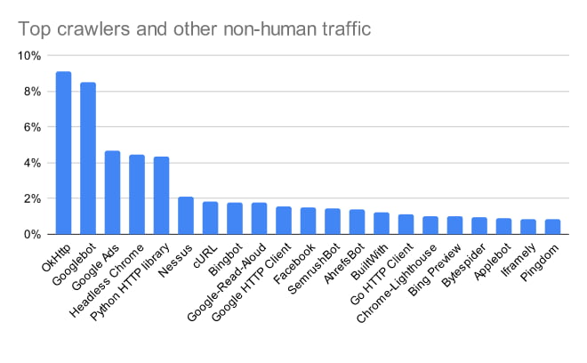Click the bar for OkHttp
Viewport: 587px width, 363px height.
coord(64,153)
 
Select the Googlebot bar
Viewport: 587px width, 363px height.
coord(88,158)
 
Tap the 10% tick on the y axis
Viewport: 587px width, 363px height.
coord(29,56)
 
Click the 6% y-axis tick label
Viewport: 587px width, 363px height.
coord(32,127)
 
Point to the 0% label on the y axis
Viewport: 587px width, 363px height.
coord(32,235)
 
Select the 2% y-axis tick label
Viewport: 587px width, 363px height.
coord(32,199)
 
